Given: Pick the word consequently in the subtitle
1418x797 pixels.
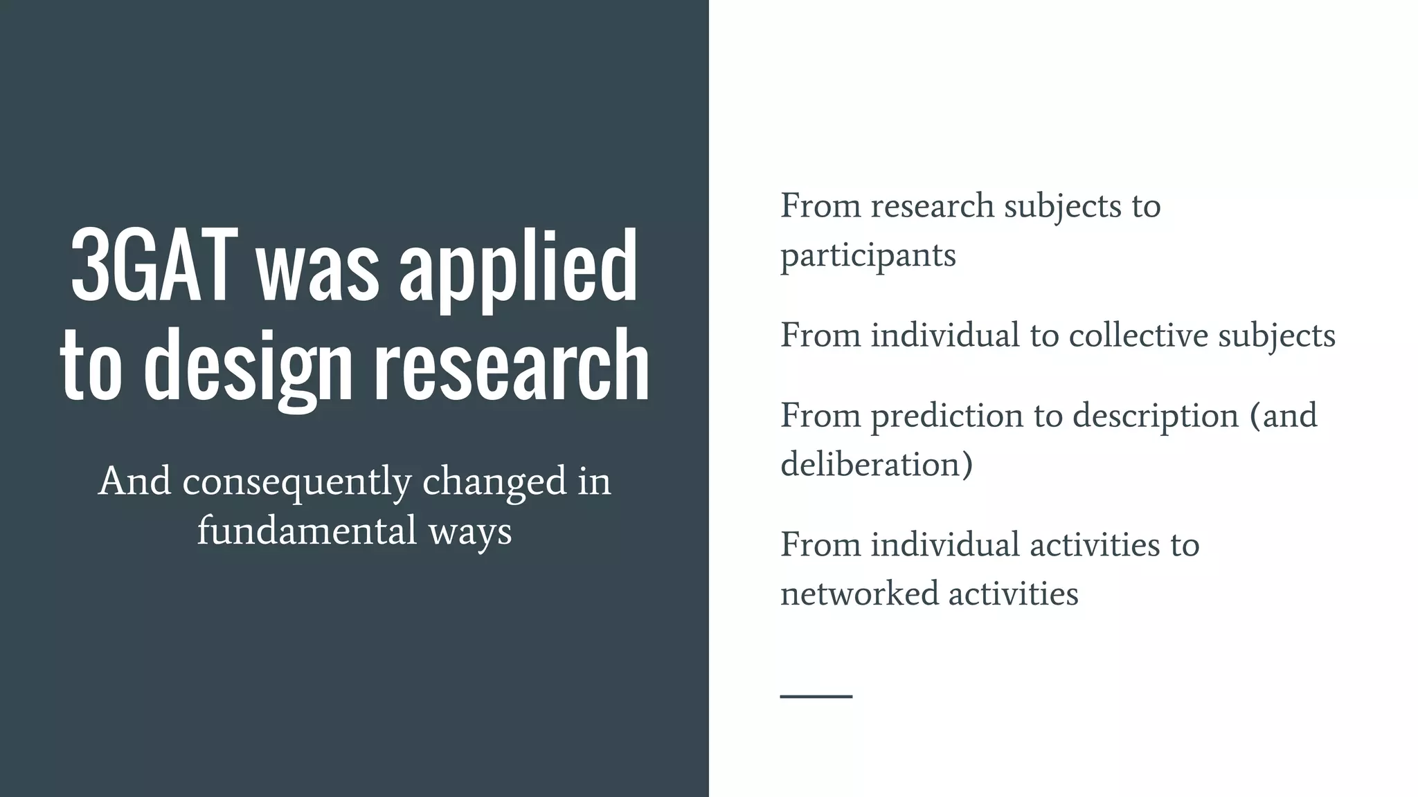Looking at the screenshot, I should tap(297, 482).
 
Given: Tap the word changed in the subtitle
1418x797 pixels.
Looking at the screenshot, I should tap(494, 482).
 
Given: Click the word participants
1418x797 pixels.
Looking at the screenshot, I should tap(868, 256).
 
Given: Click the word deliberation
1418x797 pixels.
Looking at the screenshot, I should tap(876, 464).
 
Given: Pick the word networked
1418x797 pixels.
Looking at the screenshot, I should tap(859, 594).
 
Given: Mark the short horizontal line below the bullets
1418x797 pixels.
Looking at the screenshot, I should tap(816, 696).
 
